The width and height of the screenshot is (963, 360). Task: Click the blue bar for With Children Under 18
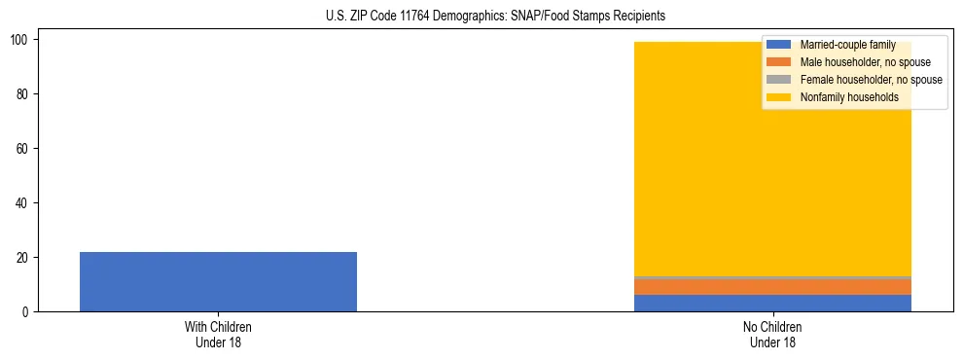(x=218, y=282)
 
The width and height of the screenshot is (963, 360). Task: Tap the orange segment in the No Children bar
(x=773, y=287)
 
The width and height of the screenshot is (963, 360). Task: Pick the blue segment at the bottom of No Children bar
(x=773, y=303)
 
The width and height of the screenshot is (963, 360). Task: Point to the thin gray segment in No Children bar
(x=773, y=278)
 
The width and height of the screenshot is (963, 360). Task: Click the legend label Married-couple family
(x=847, y=45)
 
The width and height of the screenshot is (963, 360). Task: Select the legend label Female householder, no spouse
(x=871, y=80)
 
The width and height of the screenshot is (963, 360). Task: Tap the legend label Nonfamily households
(x=849, y=97)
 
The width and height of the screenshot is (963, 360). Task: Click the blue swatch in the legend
(x=779, y=45)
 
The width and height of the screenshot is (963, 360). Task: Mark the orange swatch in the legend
(x=779, y=62)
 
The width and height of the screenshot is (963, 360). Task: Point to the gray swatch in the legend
(x=779, y=80)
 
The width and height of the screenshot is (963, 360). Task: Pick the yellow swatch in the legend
(x=779, y=97)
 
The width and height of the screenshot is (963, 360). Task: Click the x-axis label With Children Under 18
(x=218, y=335)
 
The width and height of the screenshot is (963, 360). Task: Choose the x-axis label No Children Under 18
(x=773, y=335)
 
